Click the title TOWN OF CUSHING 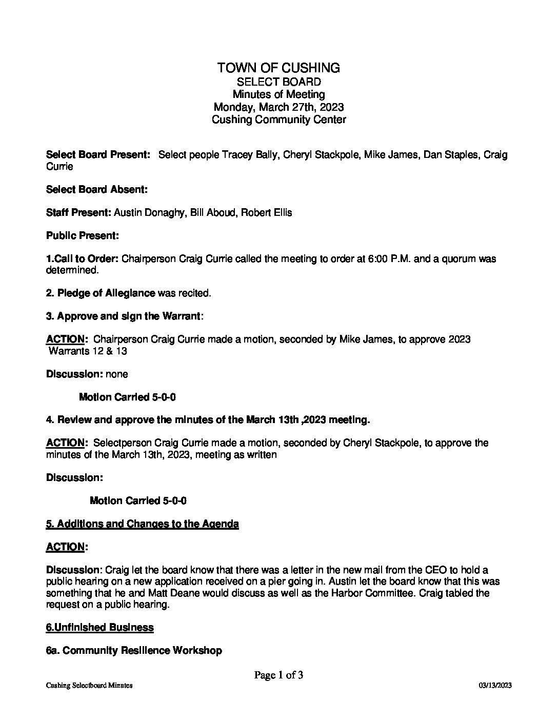pyautogui.click(x=278, y=68)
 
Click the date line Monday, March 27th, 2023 pyautogui.click(x=278, y=107)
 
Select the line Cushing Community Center pyautogui.click(x=278, y=120)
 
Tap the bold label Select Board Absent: pyautogui.click(x=97, y=189)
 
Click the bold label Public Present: pyautogui.click(x=83, y=235)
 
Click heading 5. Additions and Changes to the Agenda pyautogui.click(x=142, y=524)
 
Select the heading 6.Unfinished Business pyautogui.click(x=99, y=627)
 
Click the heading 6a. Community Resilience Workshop pyautogui.click(x=134, y=650)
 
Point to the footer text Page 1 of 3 pyautogui.click(x=278, y=675)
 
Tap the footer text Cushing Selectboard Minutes pyautogui.click(x=89, y=686)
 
